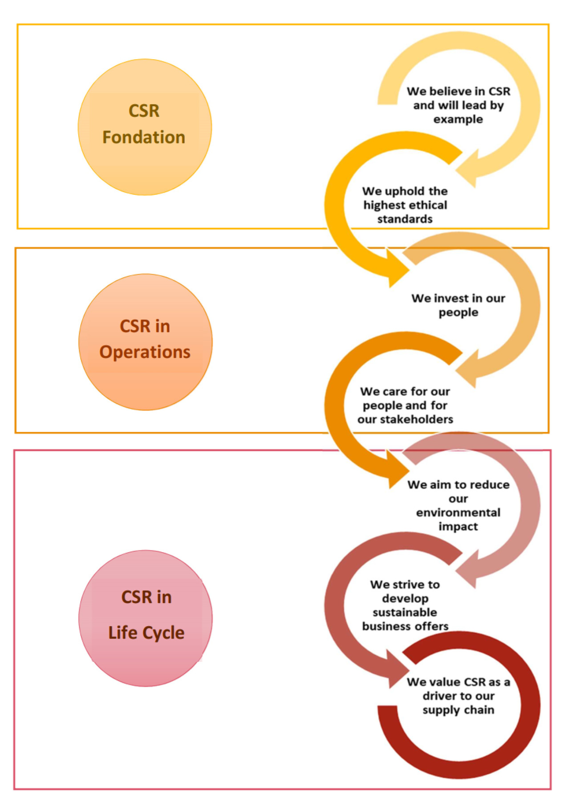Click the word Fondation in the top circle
(x=143, y=137)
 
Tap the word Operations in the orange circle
(x=145, y=352)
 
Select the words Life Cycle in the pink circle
(x=146, y=633)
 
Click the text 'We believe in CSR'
(x=458, y=91)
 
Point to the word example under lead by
(x=458, y=119)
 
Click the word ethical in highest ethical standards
(x=427, y=205)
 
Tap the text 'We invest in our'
(x=458, y=298)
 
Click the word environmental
(x=458, y=513)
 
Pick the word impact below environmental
(x=458, y=526)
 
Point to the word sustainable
(x=405, y=612)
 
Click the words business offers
(x=405, y=626)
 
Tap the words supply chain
(x=458, y=710)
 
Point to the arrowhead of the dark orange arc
(x=397, y=470)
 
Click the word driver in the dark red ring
(x=439, y=696)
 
